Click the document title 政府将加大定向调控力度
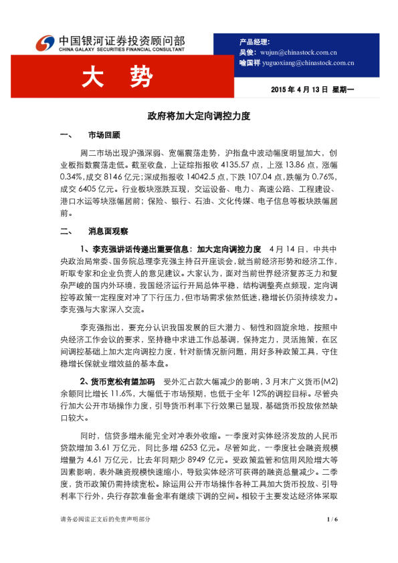click(198, 116)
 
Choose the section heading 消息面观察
click(108, 232)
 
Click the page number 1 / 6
click(333, 538)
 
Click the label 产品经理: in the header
click(254, 41)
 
